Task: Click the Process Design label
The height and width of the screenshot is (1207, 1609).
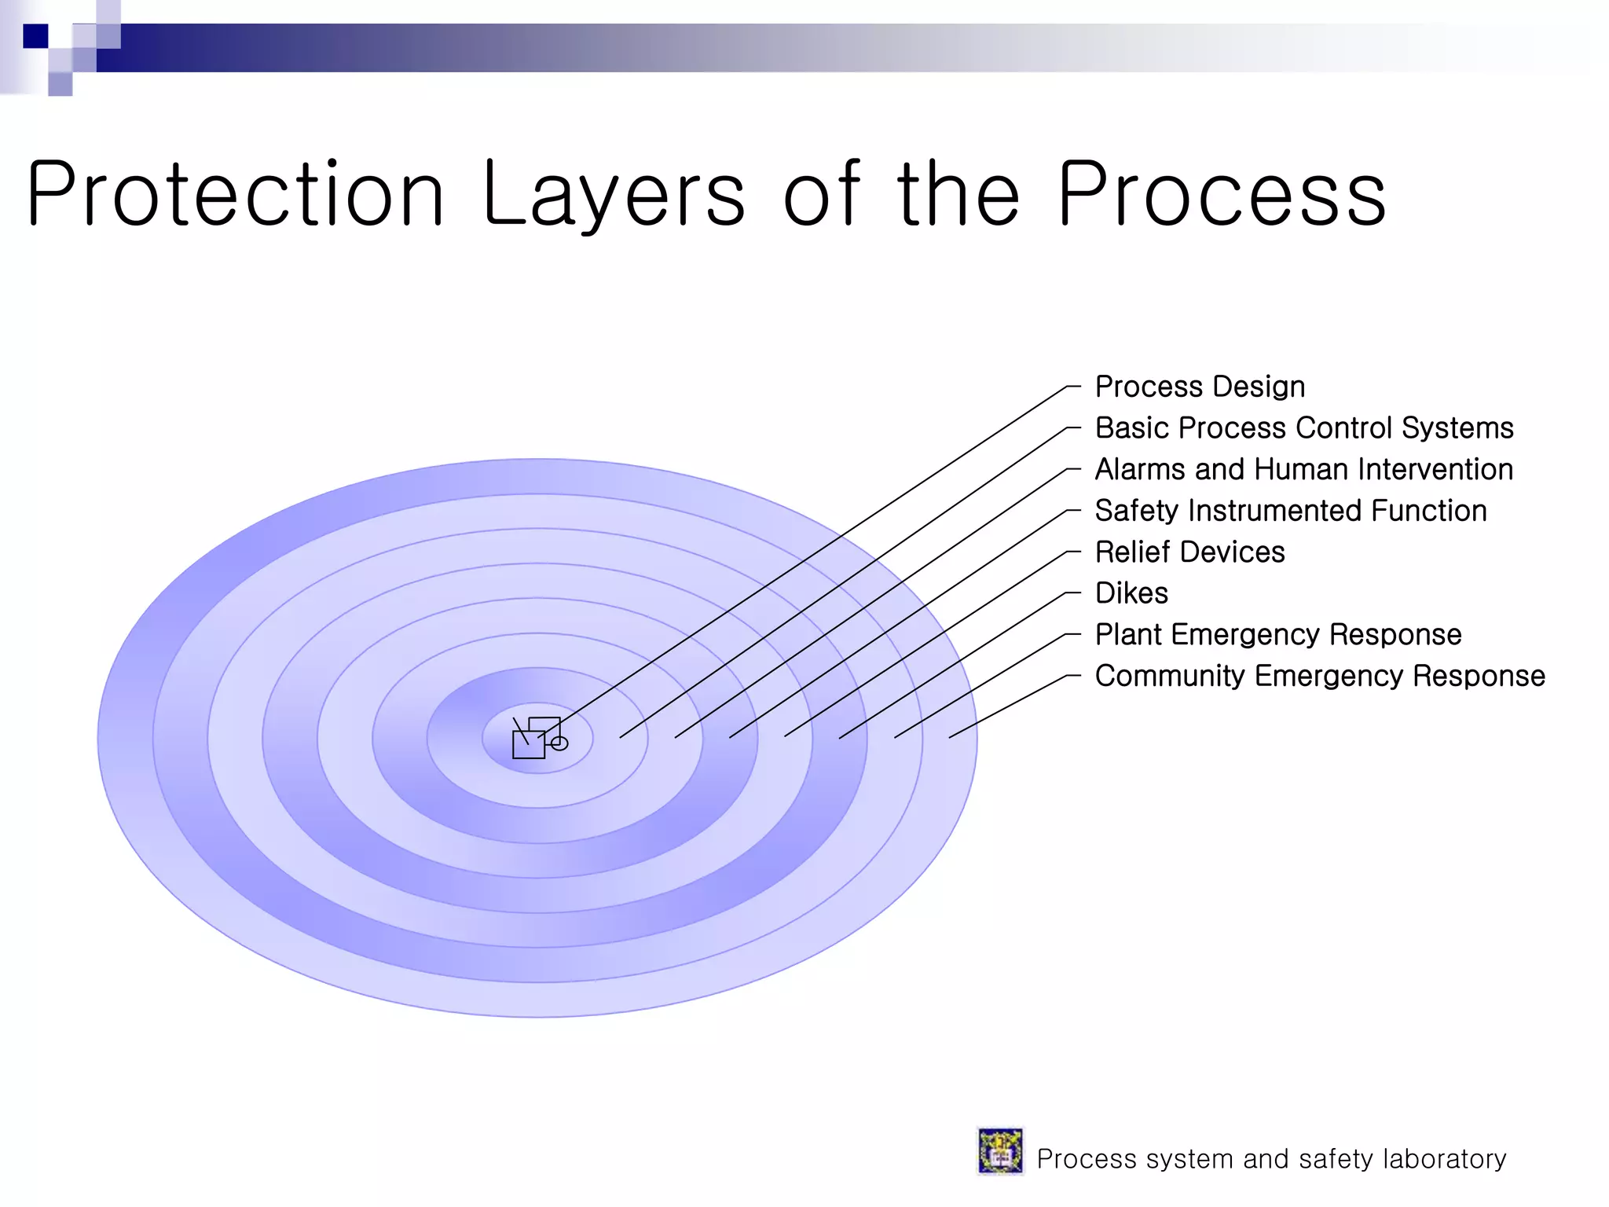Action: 1200,387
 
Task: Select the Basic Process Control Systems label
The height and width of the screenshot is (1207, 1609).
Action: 1304,428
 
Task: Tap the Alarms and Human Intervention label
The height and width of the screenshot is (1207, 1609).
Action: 1304,469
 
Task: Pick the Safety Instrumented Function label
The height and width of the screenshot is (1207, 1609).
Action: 1291,511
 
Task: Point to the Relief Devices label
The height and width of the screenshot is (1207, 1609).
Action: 1189,552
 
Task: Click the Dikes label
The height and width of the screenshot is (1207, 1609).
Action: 1131,593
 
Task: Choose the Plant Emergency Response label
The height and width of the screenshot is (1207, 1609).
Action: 1278,634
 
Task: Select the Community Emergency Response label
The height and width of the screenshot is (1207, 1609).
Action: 1320,676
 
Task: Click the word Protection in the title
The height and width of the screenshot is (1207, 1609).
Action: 236,194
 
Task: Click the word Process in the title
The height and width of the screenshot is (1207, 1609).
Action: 1222,194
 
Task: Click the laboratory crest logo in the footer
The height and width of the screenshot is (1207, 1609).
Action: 1000,1151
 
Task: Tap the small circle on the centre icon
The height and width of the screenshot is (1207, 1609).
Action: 559,743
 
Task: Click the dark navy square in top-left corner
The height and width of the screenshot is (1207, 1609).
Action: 35,36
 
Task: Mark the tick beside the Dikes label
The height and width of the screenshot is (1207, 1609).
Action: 1073,593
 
